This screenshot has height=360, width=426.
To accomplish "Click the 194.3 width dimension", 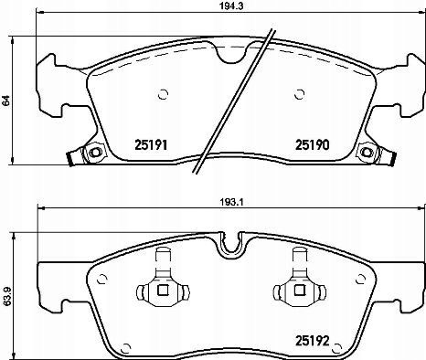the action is tap(230, 5).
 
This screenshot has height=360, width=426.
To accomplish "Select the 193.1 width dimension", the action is tap(230, 202).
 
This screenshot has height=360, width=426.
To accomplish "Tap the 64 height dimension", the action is tap(5, 101).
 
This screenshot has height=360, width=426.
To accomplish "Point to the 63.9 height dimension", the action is tap(5, 296).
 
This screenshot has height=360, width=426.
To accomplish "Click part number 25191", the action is tap(151, 145).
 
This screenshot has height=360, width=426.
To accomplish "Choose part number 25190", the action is tap(313, 145).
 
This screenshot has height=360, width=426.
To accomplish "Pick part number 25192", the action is tap(313, 341).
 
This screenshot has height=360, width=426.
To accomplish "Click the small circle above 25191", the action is tap(164, 94).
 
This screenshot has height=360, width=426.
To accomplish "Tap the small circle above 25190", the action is tap(300, 94).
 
